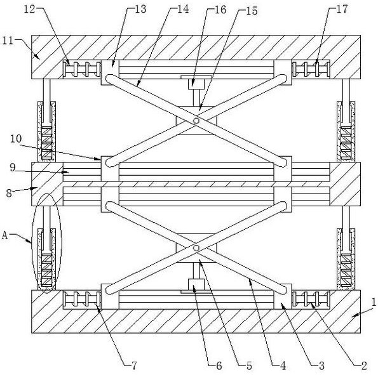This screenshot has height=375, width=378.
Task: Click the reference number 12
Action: coord(30,9)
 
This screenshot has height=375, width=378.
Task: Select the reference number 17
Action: coord(342,9)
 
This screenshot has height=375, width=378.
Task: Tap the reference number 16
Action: coord(220,10)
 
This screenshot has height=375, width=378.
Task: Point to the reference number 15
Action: coord(252,11)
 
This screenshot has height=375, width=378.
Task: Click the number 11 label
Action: coord(8,41)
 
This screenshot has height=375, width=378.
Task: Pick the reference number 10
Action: coord(16,139)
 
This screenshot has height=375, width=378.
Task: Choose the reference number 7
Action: coord(134,365)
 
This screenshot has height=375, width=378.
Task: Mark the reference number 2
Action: coord(364,365)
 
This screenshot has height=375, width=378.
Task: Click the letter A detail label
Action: coord(5,235)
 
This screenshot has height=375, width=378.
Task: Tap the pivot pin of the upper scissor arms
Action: coord(196,120)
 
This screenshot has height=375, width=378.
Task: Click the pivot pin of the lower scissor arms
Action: coord(196,248)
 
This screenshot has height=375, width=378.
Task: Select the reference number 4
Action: coord(283,365)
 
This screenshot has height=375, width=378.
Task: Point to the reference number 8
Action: coord(9,193)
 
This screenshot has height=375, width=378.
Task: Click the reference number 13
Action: coord(140,9)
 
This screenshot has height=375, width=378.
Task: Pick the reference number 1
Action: coord(374,302)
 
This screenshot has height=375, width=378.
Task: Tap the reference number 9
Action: coord(13,167)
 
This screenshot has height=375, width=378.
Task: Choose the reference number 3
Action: coord(321,365)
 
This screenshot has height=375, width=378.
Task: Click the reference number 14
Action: coord(183,9)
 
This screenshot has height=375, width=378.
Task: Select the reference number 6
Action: coord(219,365)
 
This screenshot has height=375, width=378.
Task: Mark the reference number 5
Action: coord(249,365)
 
